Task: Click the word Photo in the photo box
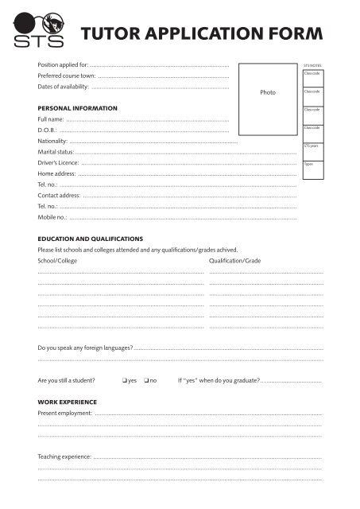267,92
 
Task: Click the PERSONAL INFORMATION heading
78,107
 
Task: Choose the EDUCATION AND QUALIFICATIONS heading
91,239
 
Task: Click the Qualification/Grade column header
234,261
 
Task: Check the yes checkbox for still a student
126,380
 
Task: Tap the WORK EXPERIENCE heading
68,402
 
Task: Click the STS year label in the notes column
311,146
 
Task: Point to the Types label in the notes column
308,164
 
